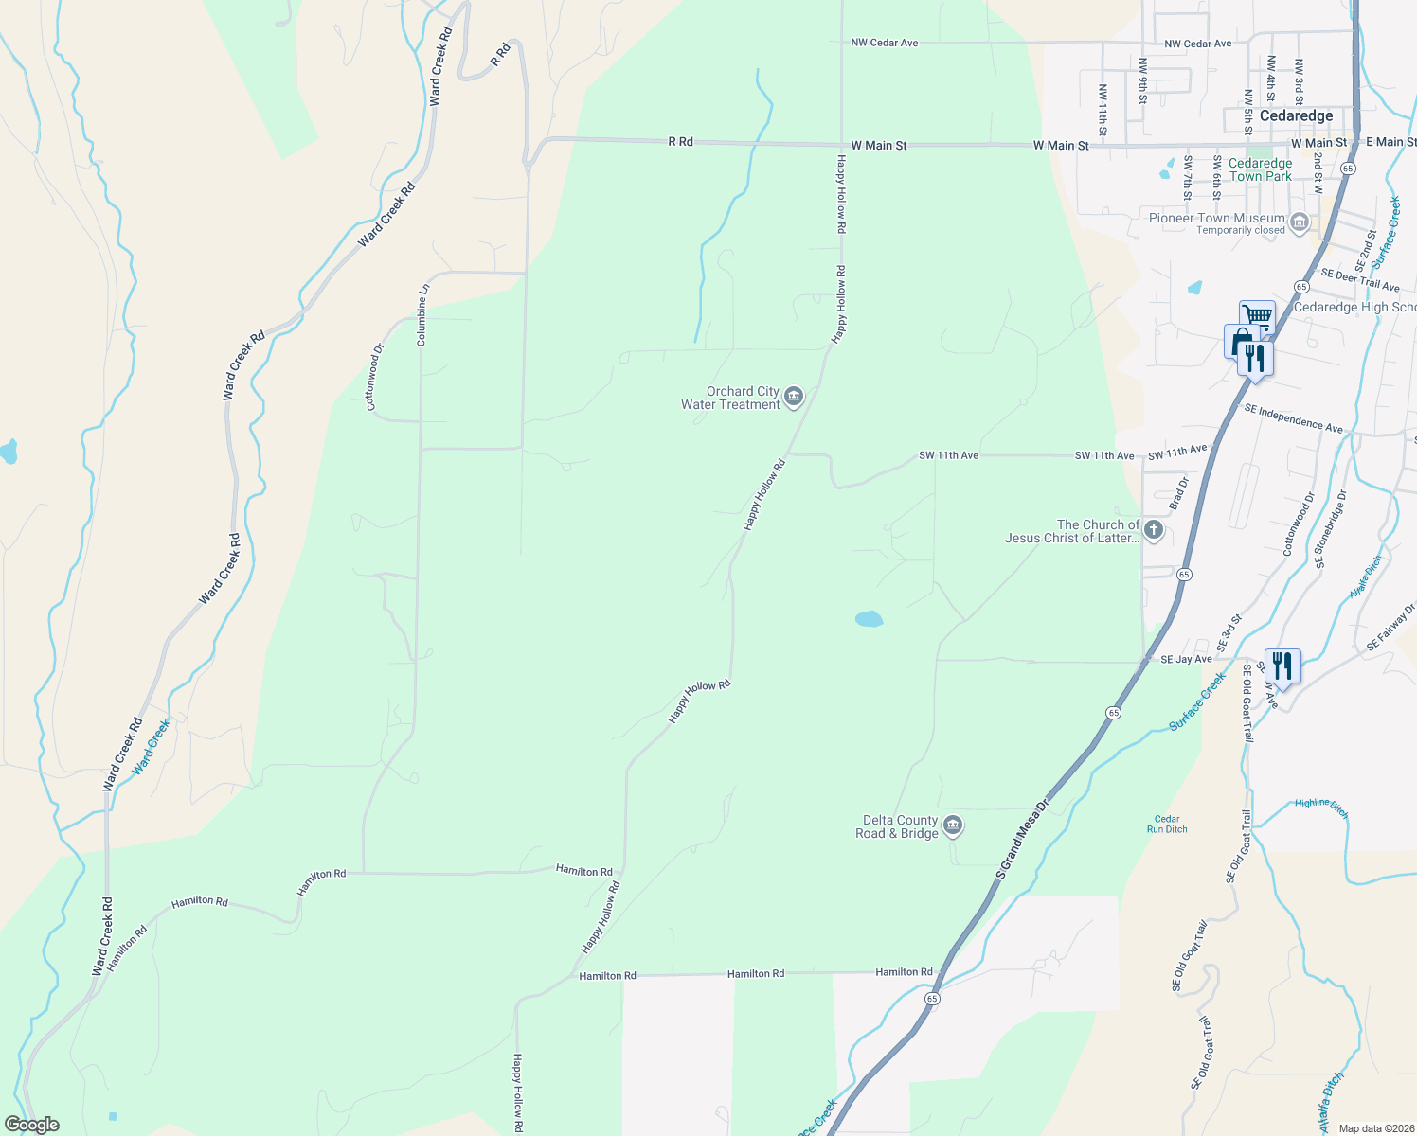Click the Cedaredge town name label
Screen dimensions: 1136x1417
click(1296, 115)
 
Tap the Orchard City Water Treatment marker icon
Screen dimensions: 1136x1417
click(794, 397)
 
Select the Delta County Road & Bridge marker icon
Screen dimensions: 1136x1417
click(954, 826)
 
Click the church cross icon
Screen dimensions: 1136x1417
click(1154, 530)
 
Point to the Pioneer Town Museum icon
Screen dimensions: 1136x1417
click(1300, 223)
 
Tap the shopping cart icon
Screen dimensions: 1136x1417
click(1257, 315)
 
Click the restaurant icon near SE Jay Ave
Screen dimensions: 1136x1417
click(1282, 666)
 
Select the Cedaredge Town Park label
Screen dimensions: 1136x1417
click(1260, 169)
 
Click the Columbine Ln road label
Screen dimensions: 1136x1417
click(423, 315)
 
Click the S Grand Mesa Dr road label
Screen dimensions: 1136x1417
click(1023, 839)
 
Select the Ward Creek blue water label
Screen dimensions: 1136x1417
click(151, 747)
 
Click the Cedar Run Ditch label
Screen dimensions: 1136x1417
click(1167, 825)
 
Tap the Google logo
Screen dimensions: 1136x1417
click(31, 1125)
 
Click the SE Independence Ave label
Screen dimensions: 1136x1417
click(1293, 418)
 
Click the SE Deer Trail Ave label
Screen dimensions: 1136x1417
click(1359, 279)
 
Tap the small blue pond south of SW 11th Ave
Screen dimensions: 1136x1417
click(869, 619)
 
